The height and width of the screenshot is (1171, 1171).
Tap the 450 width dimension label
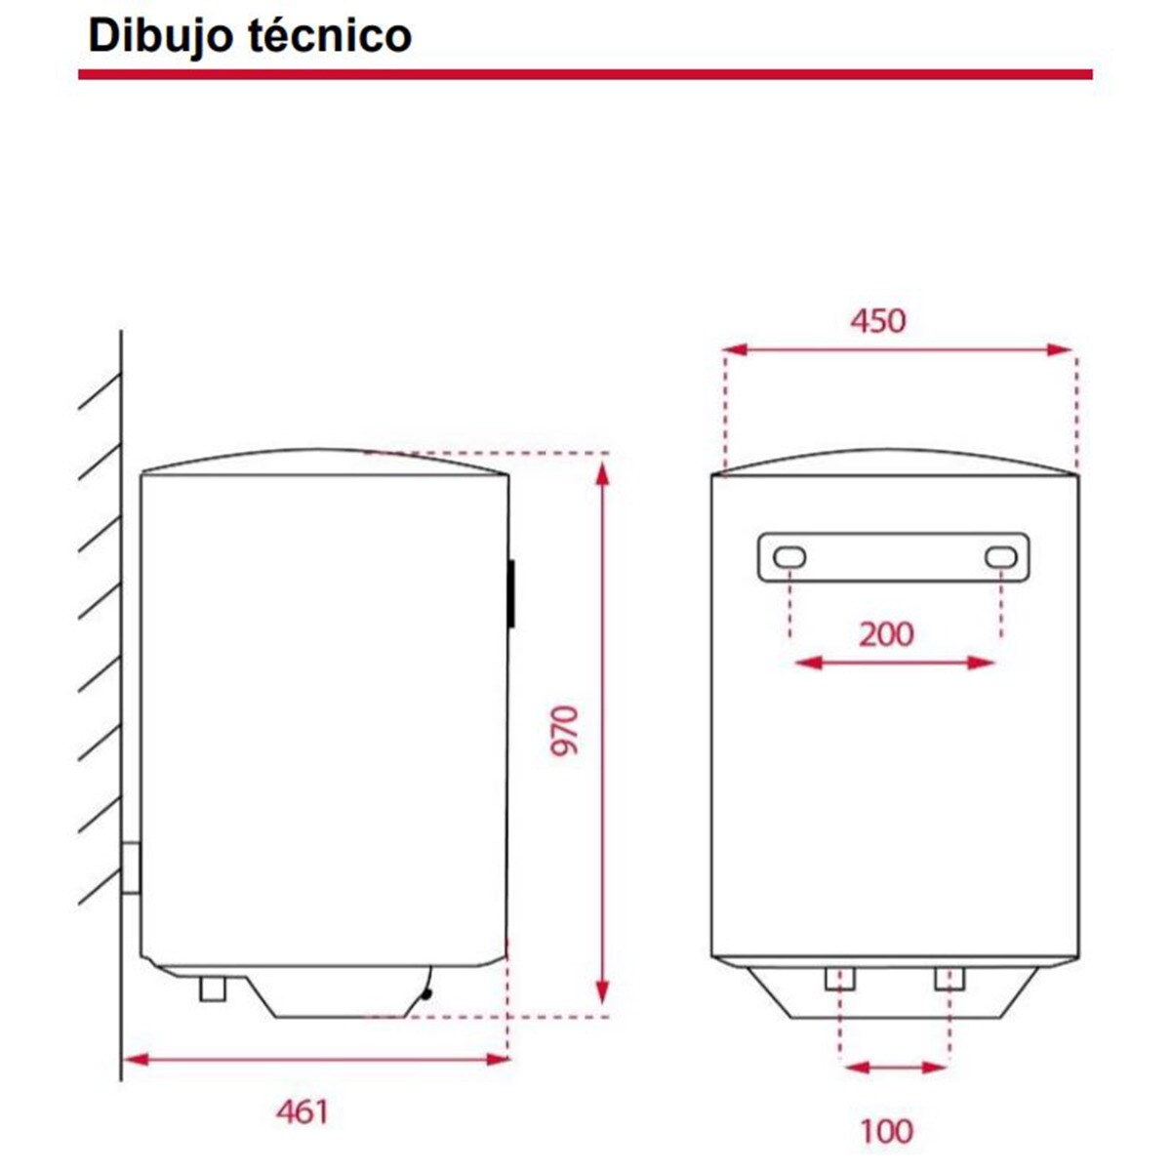tap(877, 320)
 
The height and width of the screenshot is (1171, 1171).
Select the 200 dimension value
tap(886, 634)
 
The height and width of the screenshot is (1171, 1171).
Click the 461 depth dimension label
tap(302, 1110)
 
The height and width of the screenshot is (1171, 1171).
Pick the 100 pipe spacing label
tap(886, 1131)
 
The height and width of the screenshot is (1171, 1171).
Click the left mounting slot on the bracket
tap(789, 557)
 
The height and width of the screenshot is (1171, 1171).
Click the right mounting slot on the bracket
tap(1000, 557)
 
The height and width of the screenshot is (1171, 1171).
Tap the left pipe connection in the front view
tap(839, 978)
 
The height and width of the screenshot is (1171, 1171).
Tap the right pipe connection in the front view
tap(949, 978)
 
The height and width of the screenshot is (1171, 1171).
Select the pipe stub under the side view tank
tap(212, 989)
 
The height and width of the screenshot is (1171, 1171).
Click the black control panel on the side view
tap(510, 592)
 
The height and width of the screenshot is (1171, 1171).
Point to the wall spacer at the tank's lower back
tap(131, 867)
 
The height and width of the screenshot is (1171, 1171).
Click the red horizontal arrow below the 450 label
tap(898, 349)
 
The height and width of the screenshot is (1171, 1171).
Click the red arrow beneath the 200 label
tap(895, 664)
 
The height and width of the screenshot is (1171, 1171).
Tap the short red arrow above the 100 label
tap(895, 1067)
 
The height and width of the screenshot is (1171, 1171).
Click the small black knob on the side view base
tap(425, 994)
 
